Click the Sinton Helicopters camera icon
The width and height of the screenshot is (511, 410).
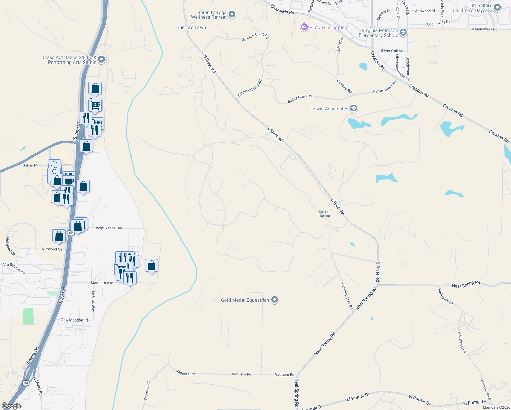click(304, 27)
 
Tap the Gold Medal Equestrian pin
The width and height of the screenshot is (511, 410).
click(275, 300)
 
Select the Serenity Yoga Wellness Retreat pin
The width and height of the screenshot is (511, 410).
click(232, 14)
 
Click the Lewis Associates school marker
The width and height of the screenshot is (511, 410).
click(354, 109)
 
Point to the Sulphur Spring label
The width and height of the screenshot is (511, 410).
click(325, 214)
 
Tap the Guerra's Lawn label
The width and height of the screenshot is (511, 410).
click(191, 27)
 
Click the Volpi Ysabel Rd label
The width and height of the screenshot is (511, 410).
click(109, 228)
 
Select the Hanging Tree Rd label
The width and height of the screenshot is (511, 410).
click(347, 296)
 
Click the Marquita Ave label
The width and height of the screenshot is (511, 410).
click(102, 283)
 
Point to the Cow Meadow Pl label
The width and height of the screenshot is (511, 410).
click(74, 320)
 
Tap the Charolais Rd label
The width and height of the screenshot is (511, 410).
click(282, 9)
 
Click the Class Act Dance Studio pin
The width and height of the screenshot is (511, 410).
click(101, 60)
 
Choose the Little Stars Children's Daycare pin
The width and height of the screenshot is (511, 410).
click(497, 8)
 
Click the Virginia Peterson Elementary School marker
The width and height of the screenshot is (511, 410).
click(403, 32)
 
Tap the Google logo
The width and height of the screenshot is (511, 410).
click(12, 406)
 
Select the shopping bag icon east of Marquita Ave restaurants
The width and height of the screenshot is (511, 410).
click(151, 265)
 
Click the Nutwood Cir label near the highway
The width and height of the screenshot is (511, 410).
click(52, 249)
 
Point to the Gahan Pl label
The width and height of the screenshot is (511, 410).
click(30, 165)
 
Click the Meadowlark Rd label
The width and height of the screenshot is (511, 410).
click(484, 29)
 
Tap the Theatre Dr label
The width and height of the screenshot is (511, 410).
click(32, 357)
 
